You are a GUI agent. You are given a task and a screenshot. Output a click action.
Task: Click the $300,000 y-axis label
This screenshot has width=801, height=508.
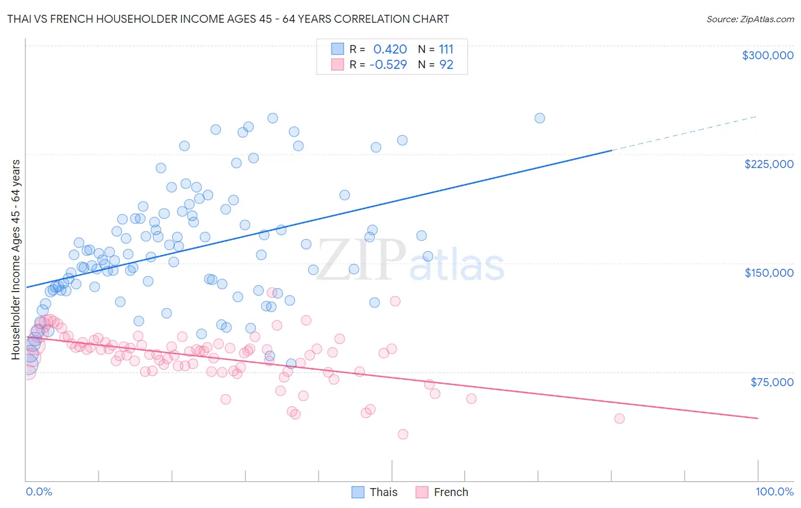(x=767, y=55)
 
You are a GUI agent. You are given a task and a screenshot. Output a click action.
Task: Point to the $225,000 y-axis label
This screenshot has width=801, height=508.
(x=769, y=164)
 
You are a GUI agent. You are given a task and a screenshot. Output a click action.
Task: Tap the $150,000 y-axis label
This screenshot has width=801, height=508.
(x=769, y=273)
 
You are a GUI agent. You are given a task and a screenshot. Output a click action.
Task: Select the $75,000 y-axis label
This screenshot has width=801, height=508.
(x=771, y=382)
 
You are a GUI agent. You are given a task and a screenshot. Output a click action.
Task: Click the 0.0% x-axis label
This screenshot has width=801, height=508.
(x=39, y=491)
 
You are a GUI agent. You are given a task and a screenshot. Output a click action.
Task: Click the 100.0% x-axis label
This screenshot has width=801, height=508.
(x=774, y=491)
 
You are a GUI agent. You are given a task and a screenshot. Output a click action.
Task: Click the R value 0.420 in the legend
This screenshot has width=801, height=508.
(x=390, y=49)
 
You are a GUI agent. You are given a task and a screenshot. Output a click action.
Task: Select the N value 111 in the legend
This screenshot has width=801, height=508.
(x=446, y=49)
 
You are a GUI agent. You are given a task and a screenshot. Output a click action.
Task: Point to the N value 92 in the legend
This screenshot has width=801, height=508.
(x=446, y=64)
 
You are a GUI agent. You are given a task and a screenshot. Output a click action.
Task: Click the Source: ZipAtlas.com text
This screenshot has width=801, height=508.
(x=750, y=19)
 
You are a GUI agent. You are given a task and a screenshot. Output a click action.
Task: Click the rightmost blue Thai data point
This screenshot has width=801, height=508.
(x=540, y=118)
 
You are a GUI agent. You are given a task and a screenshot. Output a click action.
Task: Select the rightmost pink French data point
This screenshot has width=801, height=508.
(x=619, y=419)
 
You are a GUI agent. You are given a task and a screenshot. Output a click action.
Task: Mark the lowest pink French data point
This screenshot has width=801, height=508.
(x=403, y=434)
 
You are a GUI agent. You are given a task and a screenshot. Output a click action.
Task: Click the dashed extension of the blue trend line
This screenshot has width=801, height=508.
(x=684, y=133)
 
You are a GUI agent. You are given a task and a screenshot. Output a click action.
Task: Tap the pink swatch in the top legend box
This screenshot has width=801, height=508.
(x=338, y=64)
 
